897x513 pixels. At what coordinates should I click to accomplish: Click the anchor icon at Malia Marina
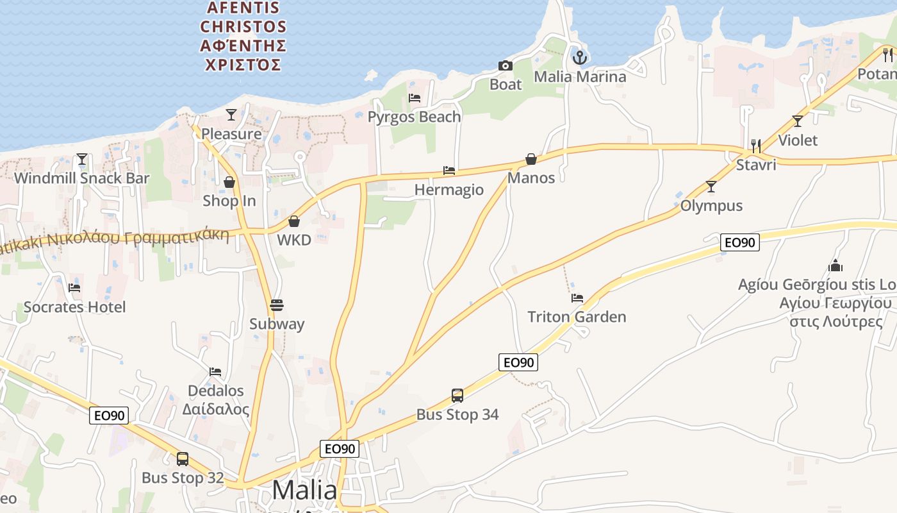(x=580, y=58)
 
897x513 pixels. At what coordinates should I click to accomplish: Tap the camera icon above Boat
(x=506, y=65)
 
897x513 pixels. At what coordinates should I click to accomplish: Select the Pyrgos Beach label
(x=414, y=117)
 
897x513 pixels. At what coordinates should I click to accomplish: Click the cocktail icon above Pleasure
(x=231, y=115)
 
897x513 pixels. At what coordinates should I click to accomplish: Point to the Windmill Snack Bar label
(x=81, y=178)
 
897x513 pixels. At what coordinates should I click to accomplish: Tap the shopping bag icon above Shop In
(x=229, y=183)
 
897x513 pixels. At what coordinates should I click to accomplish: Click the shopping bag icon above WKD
(x=294, y=221)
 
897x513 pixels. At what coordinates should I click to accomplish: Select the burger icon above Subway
(x=277, y=305)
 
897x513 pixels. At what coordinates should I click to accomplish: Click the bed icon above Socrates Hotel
(x=74, y=288)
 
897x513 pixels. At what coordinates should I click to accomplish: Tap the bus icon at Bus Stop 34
(x=457, y=395)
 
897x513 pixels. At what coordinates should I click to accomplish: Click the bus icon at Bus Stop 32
(x=183, y=459)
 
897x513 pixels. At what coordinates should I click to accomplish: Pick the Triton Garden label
(x=577, y=317)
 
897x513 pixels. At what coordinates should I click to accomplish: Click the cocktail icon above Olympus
(x=711, y=187)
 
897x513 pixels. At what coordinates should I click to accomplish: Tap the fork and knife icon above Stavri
(x=756, y=146)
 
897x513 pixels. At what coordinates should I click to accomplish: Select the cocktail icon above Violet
(x=798, y=121)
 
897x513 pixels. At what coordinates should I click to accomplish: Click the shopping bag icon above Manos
(x=531, y=159)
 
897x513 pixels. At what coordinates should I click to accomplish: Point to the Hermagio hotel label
(x=448, y=190)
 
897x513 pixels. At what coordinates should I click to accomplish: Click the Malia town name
(x=304, y=491)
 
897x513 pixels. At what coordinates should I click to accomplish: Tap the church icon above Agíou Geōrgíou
(x=835, y=265)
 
